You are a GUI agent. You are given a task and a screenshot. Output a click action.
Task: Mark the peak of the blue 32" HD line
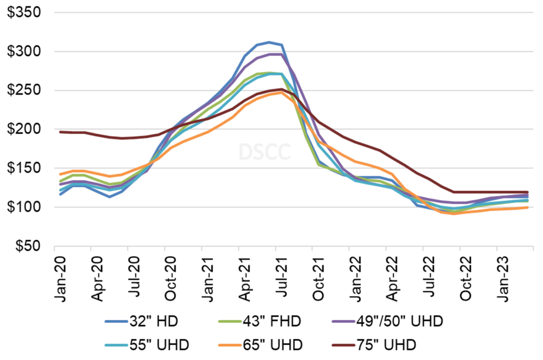pyautogui.click(x=269, y=42)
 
